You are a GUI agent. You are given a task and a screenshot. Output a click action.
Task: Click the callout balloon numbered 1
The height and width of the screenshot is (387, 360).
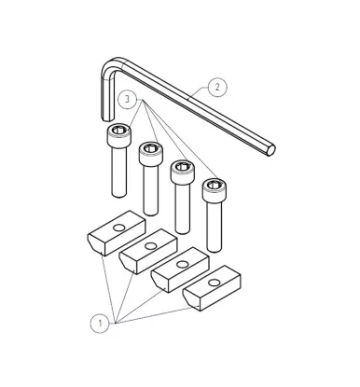[x=100, y=324]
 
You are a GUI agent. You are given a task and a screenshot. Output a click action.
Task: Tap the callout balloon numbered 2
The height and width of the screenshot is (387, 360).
[x=217, y=87]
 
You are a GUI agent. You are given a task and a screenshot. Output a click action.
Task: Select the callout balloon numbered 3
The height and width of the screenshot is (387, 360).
[x=127, y=100]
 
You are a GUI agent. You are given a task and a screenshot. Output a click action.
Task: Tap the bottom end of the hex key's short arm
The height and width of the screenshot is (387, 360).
[x=107, y=118]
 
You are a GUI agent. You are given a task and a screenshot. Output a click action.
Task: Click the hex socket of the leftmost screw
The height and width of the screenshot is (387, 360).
[x=118, y=131]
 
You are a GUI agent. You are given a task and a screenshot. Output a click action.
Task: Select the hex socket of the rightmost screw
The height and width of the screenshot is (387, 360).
[x=215, y=185]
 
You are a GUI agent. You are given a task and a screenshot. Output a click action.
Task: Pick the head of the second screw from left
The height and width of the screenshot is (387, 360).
[x=150, y=153]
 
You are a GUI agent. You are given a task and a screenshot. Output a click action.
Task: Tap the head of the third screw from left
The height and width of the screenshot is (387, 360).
[x=182, y=172]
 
